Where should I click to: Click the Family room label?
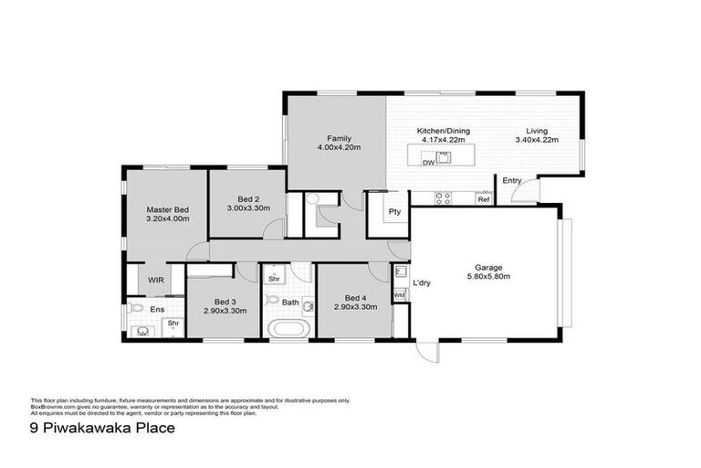(339, 138)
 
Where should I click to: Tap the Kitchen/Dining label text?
(443, 131)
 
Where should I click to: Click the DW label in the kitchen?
(427, 163)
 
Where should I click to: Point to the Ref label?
(483, 199)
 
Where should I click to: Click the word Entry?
(511, 181)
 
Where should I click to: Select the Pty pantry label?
(394, 212)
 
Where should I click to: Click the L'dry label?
(422, 283)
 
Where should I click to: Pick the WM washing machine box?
(399, 295)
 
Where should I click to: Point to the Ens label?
(157, 310)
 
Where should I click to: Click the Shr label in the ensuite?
(173, 324)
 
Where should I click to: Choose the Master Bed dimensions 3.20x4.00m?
(168, 219)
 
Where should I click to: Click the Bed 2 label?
(249, 199)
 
